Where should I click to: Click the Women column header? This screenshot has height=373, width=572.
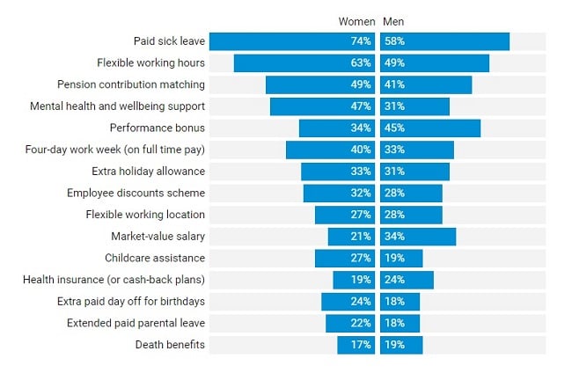click(356, 21)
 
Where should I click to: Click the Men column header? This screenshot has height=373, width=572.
click(392, 21)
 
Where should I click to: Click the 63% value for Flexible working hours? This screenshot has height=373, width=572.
click(361, 63)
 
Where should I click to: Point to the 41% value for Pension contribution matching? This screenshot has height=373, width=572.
click(393, 85)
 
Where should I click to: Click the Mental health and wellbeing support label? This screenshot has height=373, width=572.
click(117, 106)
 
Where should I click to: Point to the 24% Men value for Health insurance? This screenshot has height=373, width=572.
click(393, 280)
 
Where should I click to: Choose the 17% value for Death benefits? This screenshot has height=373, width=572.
click(361, 345)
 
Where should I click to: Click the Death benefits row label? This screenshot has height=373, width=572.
click(170, 345)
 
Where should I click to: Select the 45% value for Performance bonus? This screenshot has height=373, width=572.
click(393, 128)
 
